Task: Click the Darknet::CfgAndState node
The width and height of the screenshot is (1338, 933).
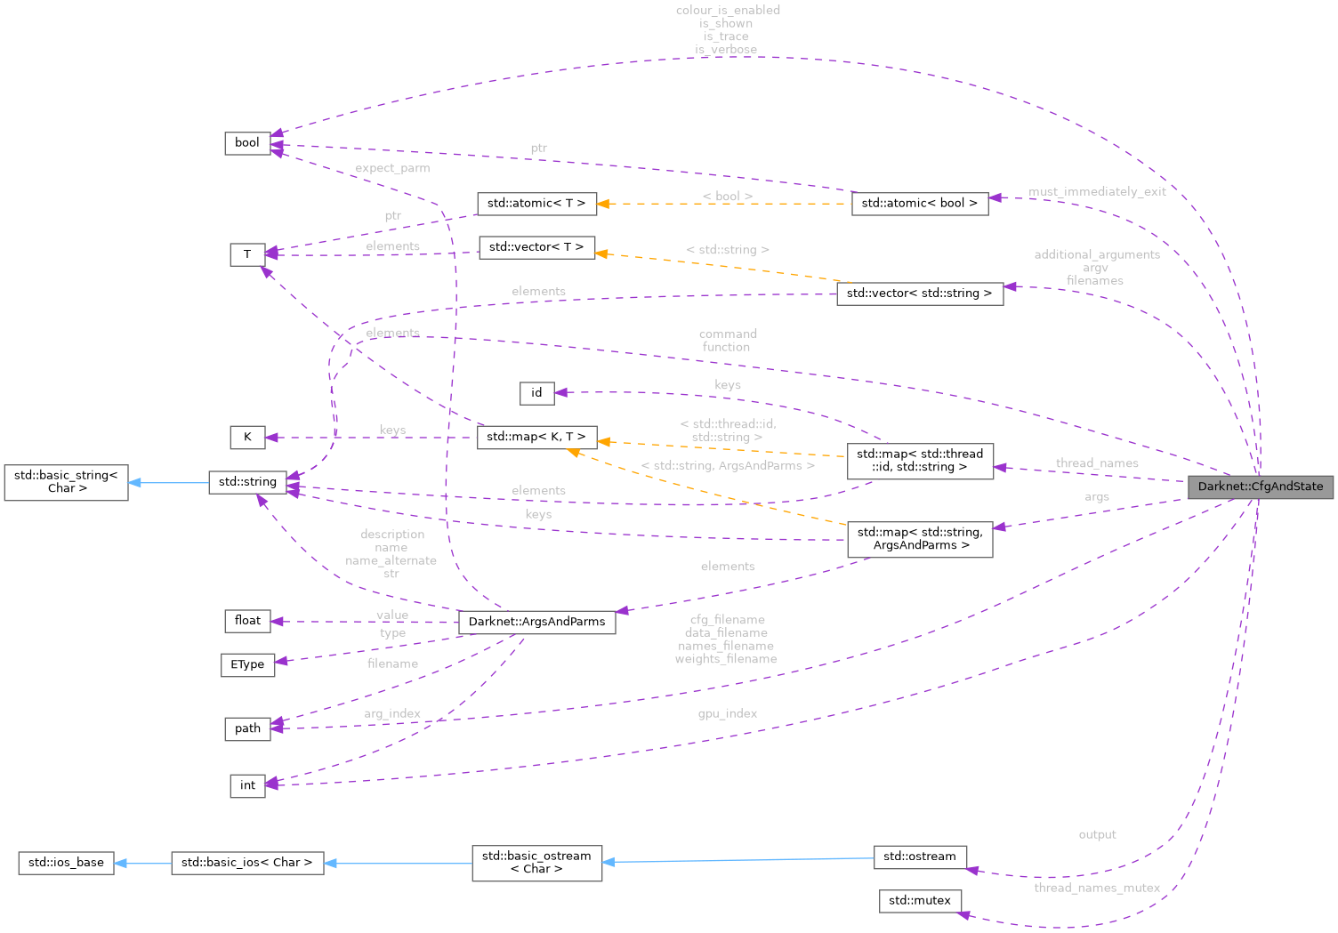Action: pyautogui.click(x=1260, y=487)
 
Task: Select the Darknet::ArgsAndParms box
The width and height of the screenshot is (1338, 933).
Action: pyautogui.click(x=536, y=622)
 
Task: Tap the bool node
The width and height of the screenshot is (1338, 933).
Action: pyautogui.click(x=247, y=143)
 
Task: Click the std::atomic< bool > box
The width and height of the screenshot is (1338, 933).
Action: pyautogui.click(x=919, y=204)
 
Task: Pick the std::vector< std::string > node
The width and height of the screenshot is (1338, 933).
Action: pyautogui.click(x=919, y=294)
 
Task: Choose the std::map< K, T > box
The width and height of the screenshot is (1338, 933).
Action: pyautogui.click(x=536, y=437)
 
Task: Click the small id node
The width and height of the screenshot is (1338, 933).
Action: pyautogui.click(x=536, y=393)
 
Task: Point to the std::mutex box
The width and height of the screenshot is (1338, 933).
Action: pyautogui.click(x=919, y=901)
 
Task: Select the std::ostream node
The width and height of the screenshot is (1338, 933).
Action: pyautogui.click(x=919, y=857)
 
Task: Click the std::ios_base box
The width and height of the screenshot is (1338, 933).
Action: pyautogui.click(x=66, y=863)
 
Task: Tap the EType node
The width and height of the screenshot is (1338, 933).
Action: pyautogui.click(x=247, y=664)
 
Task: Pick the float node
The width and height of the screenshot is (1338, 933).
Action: pyautogui.click(x=247, y=621)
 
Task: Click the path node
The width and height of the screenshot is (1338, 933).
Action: pyautogui.click(x=247, y=728)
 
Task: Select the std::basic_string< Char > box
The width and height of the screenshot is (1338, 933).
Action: pyautogui.click(x=66, y=482)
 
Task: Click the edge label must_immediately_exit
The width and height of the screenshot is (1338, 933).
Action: pyautogui.click(x=1097, y=192)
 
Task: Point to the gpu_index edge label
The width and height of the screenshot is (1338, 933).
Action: pyautogui.click(x=727, y=714)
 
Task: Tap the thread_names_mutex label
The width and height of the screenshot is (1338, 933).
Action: pyautogui.click(x=1096, y=888)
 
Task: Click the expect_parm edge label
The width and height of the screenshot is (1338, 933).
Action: pyautogui.click(x=392, y=168)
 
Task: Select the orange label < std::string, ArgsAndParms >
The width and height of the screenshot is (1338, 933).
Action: pyautogui.click(x=727, y=466)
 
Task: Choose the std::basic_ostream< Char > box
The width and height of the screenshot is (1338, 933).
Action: pyautogui.click(x=536, y=863)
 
